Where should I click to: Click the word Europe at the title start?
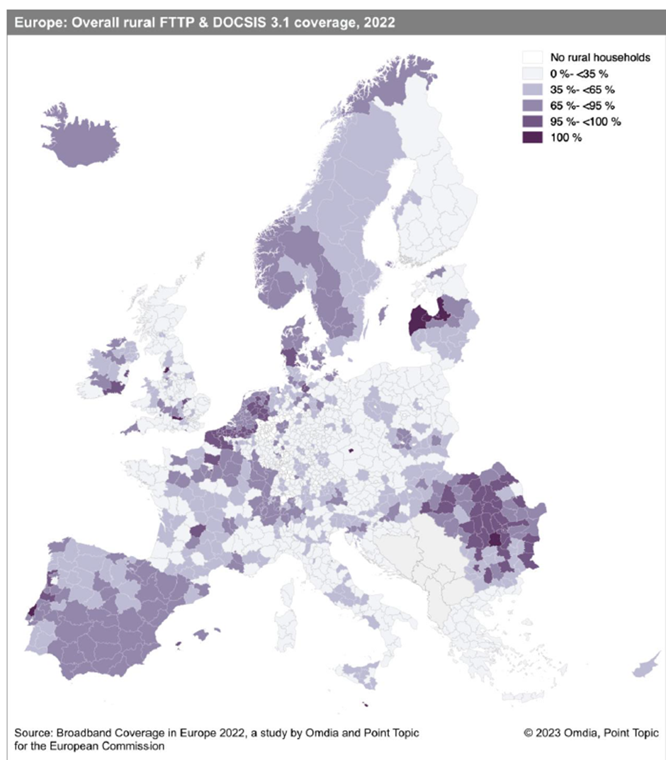(x=32, y=23)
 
